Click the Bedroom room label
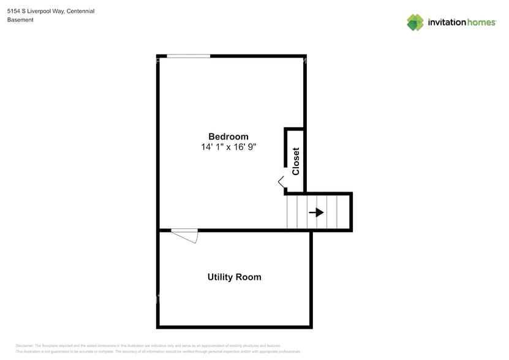coord(228,137)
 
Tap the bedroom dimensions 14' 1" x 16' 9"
coord(228,148)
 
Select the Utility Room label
coord(234,277)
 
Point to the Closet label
coord(296,162)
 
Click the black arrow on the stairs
coord(316,212)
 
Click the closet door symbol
coord(282,182)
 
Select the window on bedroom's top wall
coord(188,56)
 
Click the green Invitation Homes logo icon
coord(415,23)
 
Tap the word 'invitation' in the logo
coord(447,23)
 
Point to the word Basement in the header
coord(20,20)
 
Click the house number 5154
coord(13,11)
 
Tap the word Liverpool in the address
coord(39,11)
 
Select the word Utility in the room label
coord(219,277)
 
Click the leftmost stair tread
coord(292,212)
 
